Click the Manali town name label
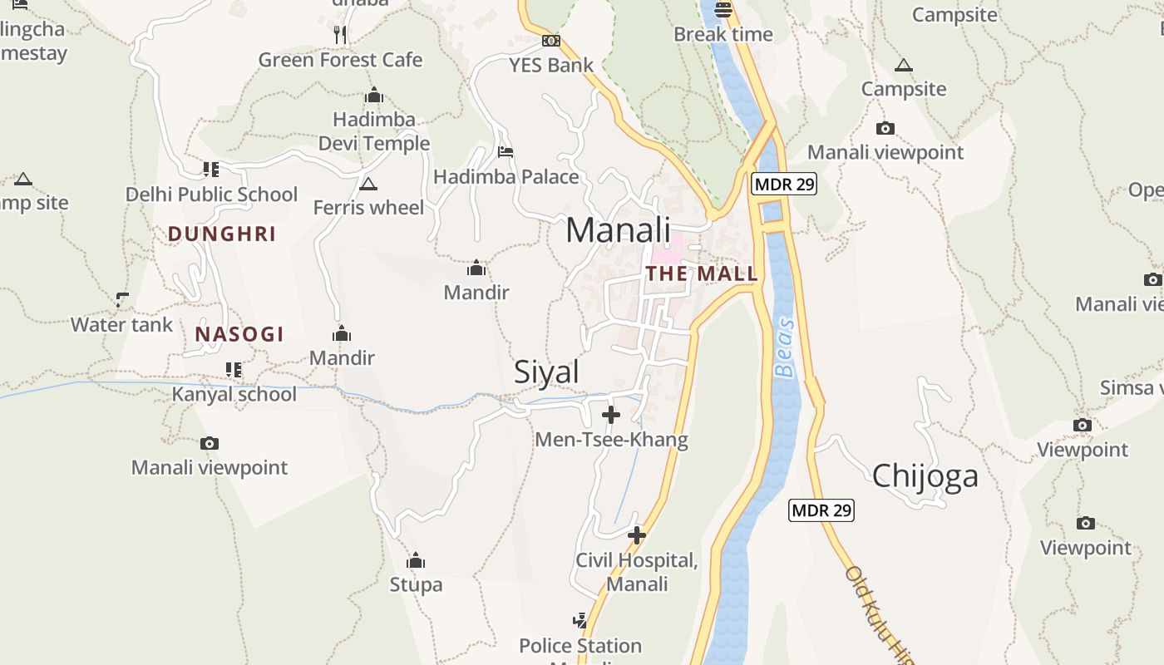click(x=618, y=230)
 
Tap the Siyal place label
click(x=546, y=372)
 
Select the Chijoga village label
click(x=925, y=476)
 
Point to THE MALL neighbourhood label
click(x=702, y=273)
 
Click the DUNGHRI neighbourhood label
click(x=222, y=234)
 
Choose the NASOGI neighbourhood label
click(x=239, y=334)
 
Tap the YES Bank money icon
click(x=550, y=41)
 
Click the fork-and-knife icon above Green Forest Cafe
click(x=339, y=34)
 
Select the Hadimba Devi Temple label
click(x=374, y=131)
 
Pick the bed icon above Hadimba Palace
click(x=505, y=152)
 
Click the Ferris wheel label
click(x=368, y=207)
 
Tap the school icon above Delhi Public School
click(x=211, y=170)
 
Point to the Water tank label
click(x=121, y=325)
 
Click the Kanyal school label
click(x=234, y=394)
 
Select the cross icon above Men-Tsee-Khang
click(x=611, y=414)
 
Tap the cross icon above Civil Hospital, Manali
click(x=637, y=535)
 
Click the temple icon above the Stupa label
click(x=416, y=560)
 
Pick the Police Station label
click(x=580, y=646)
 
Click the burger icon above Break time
click(x=723, y=10)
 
